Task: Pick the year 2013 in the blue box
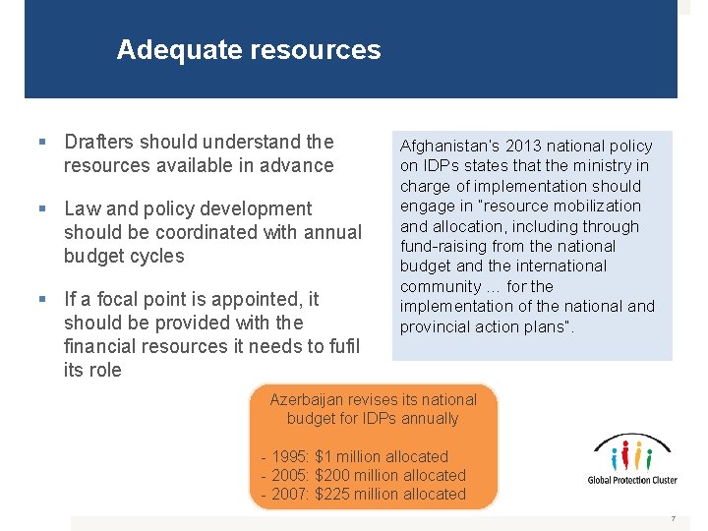coord(519,146)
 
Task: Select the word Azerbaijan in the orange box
coord(312,399)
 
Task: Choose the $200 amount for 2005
coord(333,475)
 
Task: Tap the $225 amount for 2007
coord(333,494)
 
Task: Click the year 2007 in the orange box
coord(290,494)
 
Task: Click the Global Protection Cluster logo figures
coord(631,455)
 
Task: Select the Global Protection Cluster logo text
coord(631,481)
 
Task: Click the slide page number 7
coord(673,518)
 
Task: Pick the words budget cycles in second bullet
coord(124,256)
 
